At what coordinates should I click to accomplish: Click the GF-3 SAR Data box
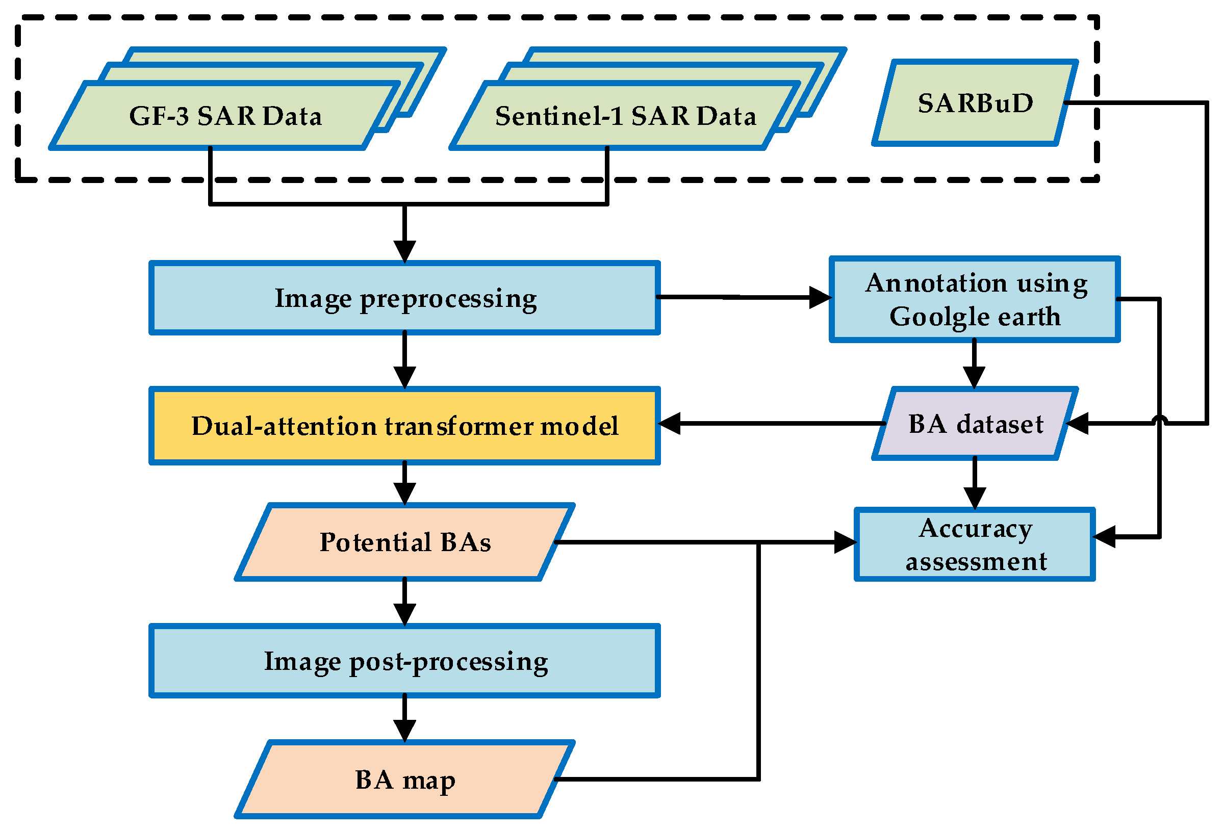pyautogui.click(x=225, y=116)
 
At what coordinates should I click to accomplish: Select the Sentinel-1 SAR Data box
pyautogui.click(x=625, y=116)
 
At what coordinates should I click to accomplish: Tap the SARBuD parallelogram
pyautogui.click(x=975, y=102)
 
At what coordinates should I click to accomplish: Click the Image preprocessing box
pyautogui.click(x=404, y=298)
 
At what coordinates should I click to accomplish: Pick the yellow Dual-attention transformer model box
pyautogui.click(x=404, y=426)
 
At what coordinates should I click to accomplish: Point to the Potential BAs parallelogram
pyautogui.click(x=404, y=542)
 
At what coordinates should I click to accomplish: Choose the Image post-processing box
pyautogui.click(x=404, y=661)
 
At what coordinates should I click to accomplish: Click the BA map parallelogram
pyautogui.click(x=404, y=779)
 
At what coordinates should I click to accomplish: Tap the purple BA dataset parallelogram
pyautogui.click(x=975, y=423)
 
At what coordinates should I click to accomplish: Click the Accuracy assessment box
pyautogui.click(x=975, y=544)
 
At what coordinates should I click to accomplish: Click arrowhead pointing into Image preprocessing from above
pyautogui.click(x=404, y=252)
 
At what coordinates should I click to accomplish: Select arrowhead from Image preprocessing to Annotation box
pyautogui.click(x=820, y=298)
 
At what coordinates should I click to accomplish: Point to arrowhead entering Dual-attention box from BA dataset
pyautogui.click(x=671, y=423)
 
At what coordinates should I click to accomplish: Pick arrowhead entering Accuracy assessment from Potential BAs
pyautogui.click(x=845, y=542)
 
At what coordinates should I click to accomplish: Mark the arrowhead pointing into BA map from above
pyautogui.click(x=404, y=731)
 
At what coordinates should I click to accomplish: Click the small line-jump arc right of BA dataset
pyautogui.click(x=1160, y=419)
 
